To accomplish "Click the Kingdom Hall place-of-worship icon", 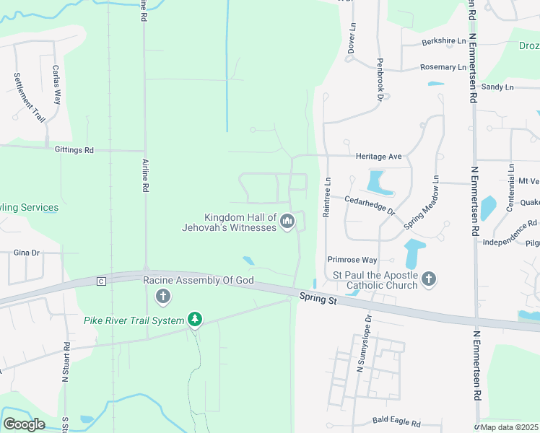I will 287,222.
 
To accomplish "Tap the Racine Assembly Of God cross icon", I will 163,296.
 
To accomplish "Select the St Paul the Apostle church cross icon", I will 429,279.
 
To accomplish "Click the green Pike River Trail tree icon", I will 193,319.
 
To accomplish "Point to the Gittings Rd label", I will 74,150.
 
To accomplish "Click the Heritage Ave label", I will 378,156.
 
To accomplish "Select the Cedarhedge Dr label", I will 370,205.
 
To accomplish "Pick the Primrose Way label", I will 352,259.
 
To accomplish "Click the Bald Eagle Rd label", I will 396,419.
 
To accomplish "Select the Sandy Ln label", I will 497,87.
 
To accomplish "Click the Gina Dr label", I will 26,253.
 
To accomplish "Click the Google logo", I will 24,424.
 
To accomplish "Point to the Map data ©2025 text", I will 509,427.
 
